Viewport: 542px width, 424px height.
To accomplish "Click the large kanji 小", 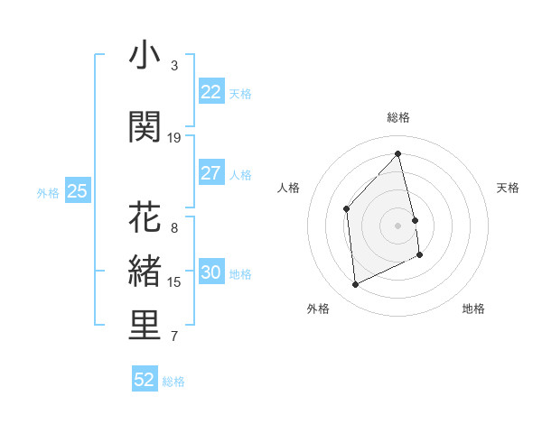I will pyautogui.click(x=145, y=56).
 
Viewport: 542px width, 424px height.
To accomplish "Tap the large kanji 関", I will pyautogui.click(x=145, y=127).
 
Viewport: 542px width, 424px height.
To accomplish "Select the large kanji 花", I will pyautogui.click(x=145, y=217).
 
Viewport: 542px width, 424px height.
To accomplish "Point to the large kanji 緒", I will pyautogui.click(x=145, y=272).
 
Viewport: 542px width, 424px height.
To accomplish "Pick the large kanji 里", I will pyautogui.click(x=145, y=326).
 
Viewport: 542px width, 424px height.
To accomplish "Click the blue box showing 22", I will pyautogui.click(x=210, y=92).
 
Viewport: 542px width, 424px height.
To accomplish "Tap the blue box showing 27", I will pyautogui.click(x=210, y=173).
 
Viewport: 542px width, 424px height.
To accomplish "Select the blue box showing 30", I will pyautogui.click(x=210, y=272).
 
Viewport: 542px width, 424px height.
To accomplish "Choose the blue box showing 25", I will pyautogui.click(x=77, y=191).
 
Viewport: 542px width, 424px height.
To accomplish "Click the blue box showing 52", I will pyautogui.click(x=145, y=380).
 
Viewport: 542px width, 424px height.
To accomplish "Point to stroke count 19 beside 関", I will pyautogui.click(x=174, y=138).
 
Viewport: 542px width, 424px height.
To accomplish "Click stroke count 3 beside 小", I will pyautogui.click(x=174, y=66).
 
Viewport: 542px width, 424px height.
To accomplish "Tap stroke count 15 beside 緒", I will pyautogui.click(x=174, y=282).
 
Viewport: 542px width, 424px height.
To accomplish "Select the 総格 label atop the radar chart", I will pyautogui.click(x=398, y=117).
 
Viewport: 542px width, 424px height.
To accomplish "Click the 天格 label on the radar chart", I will pyautogui.click(x=508, y=188).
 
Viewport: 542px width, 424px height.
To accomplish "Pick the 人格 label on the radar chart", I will pyautogui.click(x=289, y=188).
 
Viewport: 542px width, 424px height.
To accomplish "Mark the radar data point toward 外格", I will pyautogui.click(x=355, y=285).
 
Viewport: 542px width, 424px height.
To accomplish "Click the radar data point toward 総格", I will pyautogui.click(x=398, y=153).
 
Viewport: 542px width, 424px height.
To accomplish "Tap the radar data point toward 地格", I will pyautogui.click(x=420, y=255).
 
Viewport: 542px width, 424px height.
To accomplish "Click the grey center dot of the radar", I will pyautogui.click(x=398, y=225).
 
